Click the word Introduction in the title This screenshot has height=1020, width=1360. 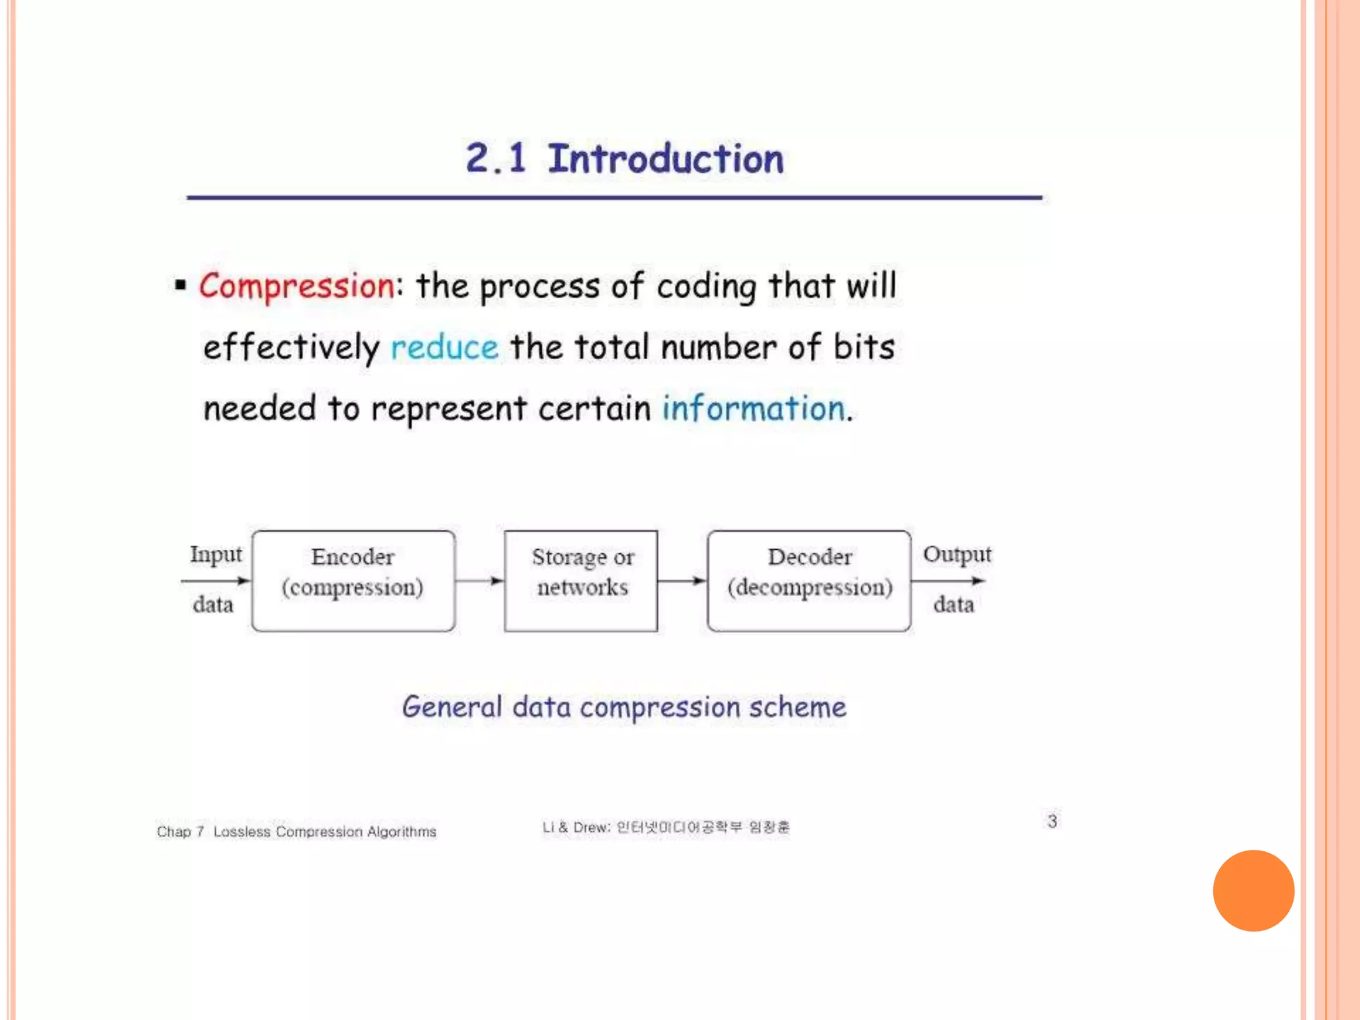coord(665,159)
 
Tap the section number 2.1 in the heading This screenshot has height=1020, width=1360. coord(495,159)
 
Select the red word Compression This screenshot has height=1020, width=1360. coord(297,286)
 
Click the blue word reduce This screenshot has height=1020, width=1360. coord(444,347)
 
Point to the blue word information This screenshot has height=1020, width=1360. coord(754,408)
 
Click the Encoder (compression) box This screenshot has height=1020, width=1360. coord(353,580)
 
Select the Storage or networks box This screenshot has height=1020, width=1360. coord(581,580)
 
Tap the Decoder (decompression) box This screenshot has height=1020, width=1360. coord(809,580)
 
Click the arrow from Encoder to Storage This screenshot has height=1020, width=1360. coord(479,581)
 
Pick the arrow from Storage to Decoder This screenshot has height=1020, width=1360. coord(682,581)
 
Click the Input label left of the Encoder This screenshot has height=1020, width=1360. coord(216,554)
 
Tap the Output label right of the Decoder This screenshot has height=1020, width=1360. coord(957,554)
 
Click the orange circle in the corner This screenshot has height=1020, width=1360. coord(1253,891)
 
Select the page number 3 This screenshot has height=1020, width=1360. coord(1052,821)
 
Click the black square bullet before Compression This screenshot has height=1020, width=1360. coord(180,286)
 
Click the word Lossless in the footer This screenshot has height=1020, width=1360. coord(242,831)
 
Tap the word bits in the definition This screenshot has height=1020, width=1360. coord(864,347)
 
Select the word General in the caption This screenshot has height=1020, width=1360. coord(452,707)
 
